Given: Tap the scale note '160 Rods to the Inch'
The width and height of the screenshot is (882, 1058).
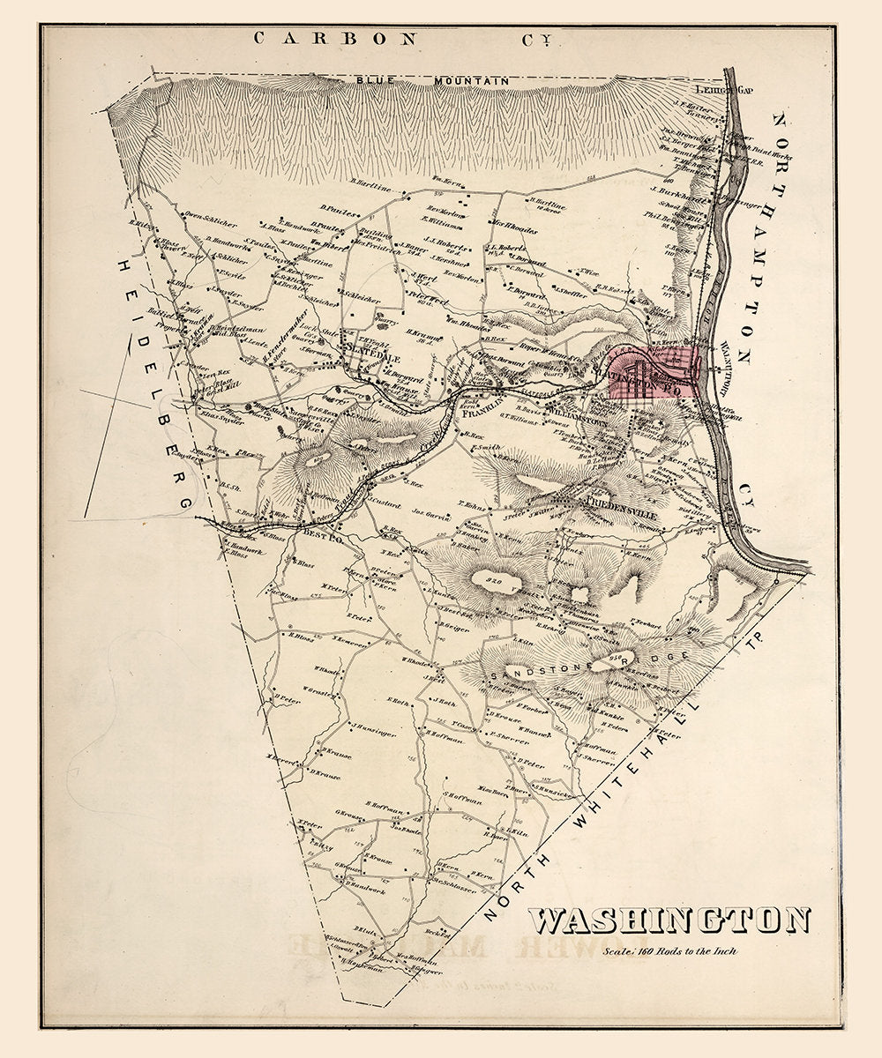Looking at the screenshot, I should [669, 950].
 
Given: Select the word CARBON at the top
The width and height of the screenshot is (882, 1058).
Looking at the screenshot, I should [335, 38].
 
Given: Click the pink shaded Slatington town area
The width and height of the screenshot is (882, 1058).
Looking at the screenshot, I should [657, 375].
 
